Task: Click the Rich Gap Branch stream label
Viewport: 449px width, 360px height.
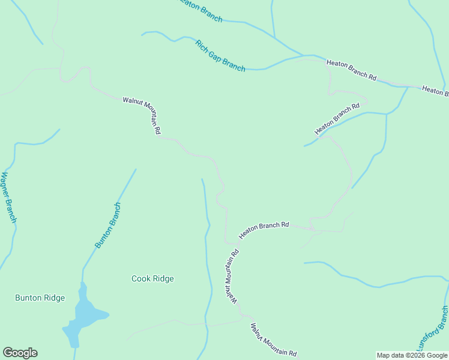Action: pyautogui.click(x=220, y=56)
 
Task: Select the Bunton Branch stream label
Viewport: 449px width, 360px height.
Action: pyautogui.click(x=109, y=226)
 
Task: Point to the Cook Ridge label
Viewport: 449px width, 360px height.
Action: pyautogui.click(x=152, y=278)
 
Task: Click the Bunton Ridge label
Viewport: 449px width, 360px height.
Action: pyautogui.click(x=40, y=298)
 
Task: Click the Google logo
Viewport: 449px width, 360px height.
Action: pyautogui.click(x=20, y=353)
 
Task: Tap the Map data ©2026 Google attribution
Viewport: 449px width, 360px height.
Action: pyautogui.click(x=412, y=355)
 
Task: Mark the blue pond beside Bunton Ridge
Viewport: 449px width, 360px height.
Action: pyautogui.click(x=83, y=314)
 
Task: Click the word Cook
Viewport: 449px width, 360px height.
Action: pyautogui.click(x=140, y=278)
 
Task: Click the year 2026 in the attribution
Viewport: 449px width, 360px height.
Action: pyautogui.click(x=414, y=355)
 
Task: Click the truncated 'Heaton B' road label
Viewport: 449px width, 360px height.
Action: pyautogui.click(x=435, y=91)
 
